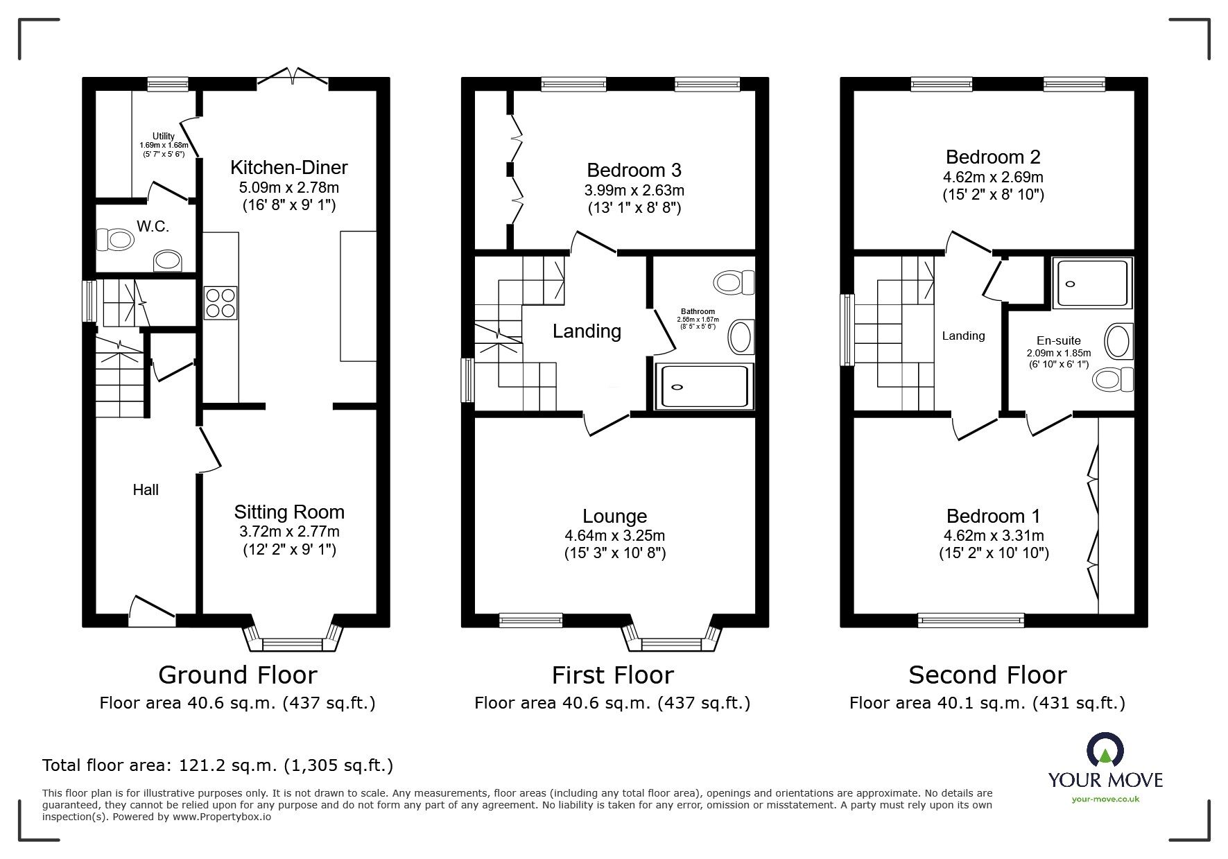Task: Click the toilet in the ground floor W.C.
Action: [116, 240]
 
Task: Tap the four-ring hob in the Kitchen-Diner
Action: [220, 302]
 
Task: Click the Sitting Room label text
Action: [289, 512]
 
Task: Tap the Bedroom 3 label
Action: [634, 171]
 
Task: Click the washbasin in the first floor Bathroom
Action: [740, 338]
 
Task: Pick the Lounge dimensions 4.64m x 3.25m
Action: [614, 535]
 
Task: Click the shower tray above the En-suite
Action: [1092, 283]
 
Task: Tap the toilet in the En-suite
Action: [1112, 379]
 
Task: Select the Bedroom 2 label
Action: [993, 157]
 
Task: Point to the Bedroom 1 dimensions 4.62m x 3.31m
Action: [993, 535]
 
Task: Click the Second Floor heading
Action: [987, 675]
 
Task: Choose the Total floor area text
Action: [218, 765]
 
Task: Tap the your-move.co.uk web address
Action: [1105, 799]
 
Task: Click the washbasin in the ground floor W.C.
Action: [167, 261]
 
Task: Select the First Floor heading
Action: [612, 675]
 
